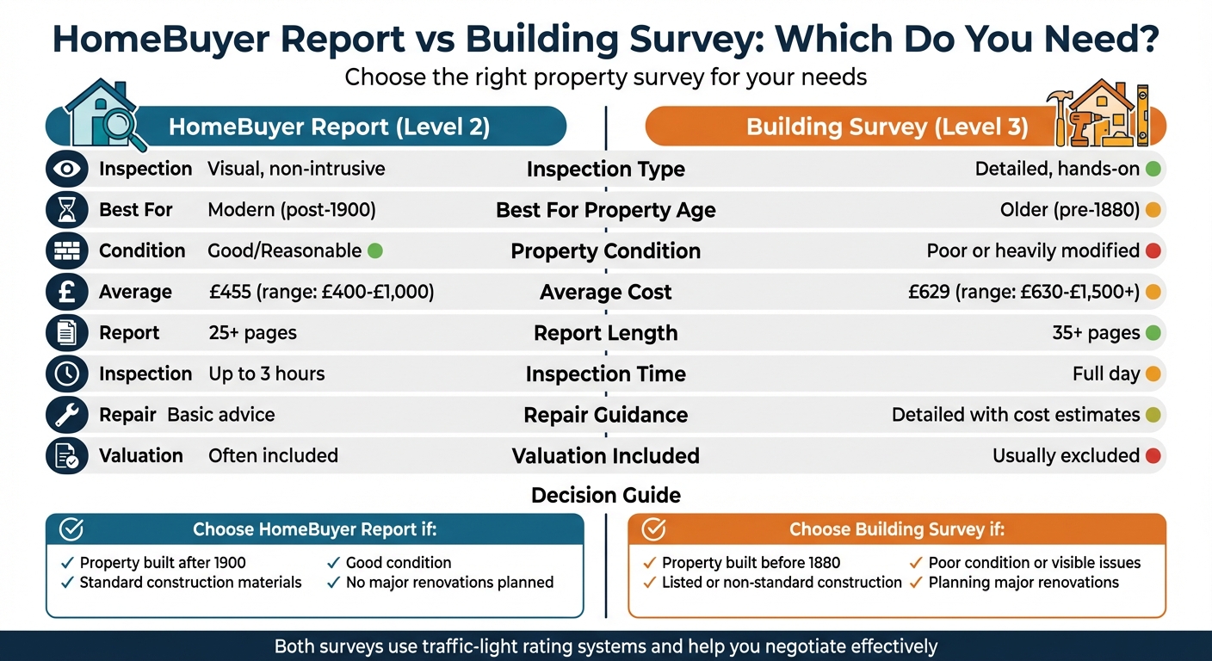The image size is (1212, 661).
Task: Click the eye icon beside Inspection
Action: point(67,170)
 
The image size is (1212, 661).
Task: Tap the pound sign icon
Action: point(67,292)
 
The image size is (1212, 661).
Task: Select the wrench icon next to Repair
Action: point(67,415)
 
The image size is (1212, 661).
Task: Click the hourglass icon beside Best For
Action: point(67,210)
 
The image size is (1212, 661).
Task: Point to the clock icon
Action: point(67,374)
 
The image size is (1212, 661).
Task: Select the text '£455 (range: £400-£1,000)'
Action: point(321,292)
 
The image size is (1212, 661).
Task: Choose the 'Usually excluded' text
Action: point(1066,456)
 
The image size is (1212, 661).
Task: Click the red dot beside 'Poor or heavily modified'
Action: point(1153,251)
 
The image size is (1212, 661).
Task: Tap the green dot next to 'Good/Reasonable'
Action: point(374,251)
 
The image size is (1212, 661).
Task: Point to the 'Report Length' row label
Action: point(605,333)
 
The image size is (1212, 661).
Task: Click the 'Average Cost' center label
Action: point(605,292)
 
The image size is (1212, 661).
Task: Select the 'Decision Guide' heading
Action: point(605,495)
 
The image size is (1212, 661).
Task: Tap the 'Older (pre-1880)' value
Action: point(1069,210)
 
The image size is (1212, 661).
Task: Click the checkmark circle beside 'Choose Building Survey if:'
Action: point(655,528)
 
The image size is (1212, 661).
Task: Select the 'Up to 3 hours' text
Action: point(267,374)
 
